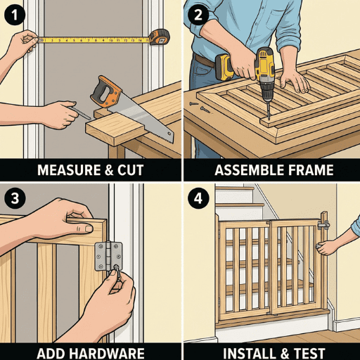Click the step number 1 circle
coord(14,14)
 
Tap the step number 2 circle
coord(198,14)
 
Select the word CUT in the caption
coord(131,169)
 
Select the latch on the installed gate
coord(324,224)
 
